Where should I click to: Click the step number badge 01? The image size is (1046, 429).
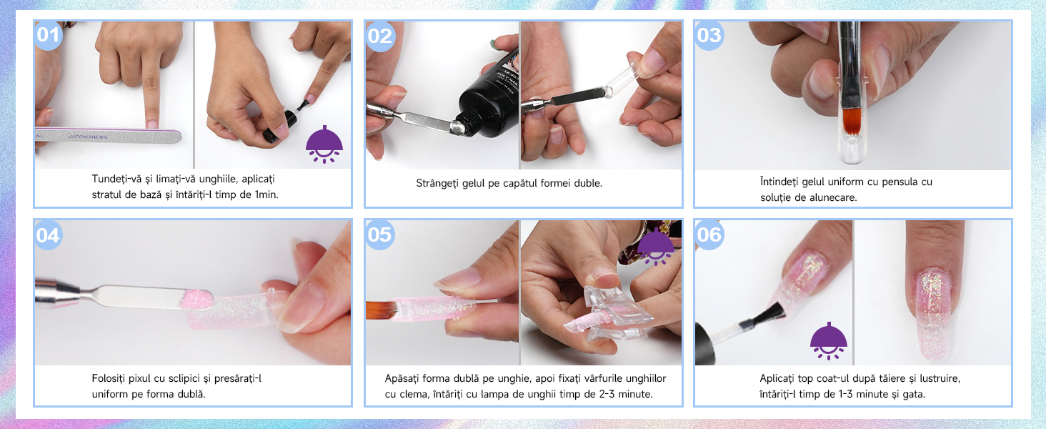tap(48, 35)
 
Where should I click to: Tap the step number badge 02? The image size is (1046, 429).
tap(379, 36)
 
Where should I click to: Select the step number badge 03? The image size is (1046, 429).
tap(709, 35)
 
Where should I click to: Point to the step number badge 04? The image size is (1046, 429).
tap(48, 235)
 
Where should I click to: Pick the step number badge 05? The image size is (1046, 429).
tap(379, 235)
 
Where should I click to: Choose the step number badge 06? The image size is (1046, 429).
tap(709, 234)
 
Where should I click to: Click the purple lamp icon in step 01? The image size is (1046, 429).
tap(324, 144)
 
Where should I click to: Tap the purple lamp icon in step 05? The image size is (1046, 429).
tap(656, 247)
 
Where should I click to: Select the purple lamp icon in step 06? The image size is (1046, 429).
tap(828, 340)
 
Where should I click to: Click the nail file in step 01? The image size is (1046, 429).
tap(109, 136)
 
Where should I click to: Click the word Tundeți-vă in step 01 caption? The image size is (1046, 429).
tap(116, 179)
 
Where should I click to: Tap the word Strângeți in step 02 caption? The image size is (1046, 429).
tap(437, 183)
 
